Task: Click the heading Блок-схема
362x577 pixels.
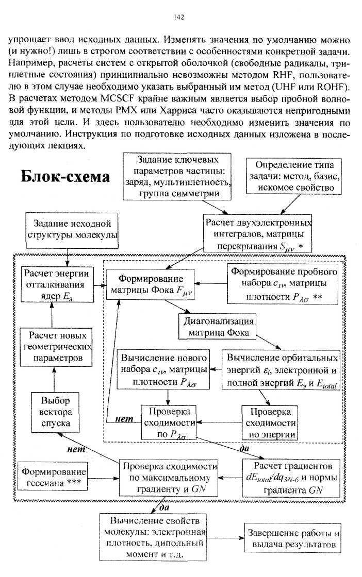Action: pos(65,176)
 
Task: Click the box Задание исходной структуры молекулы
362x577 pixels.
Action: pos(72,229)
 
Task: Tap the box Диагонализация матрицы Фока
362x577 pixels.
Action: pos(218,327)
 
